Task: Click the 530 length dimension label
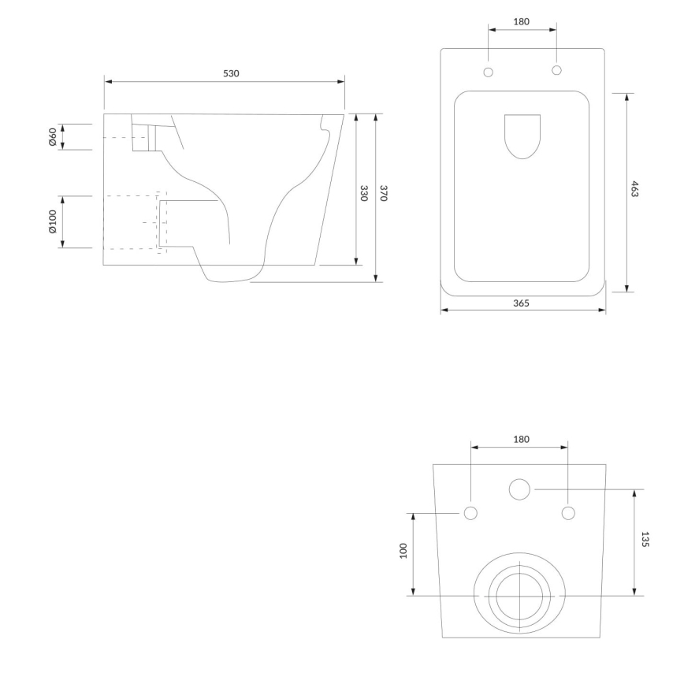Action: [x=230, y=73]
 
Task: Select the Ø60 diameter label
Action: [x=52, y=137]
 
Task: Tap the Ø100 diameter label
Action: [x=52, y=222]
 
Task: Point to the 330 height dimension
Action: [x=364, y=194]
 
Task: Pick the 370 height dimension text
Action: [x=384, y=194]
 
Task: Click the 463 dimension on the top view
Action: [x=635, y=189]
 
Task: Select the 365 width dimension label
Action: [x=521, y=303]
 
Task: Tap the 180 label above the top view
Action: [x=522, y=21]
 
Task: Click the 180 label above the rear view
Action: [x=520, y=439]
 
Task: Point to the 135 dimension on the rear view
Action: [x=645, y=540]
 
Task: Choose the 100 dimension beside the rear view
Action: [x=402, y=550]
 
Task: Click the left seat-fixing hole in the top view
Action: [x=488, y=72]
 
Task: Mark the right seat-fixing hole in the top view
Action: [x=556, y=71]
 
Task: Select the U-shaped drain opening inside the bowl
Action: [x=522, y=136]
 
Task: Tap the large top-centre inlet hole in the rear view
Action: [x=519, y=489]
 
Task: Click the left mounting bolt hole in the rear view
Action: [x=470, y=514]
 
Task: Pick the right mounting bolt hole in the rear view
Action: [x=568, y=514]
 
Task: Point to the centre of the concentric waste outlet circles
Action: [x=520, y=596]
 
